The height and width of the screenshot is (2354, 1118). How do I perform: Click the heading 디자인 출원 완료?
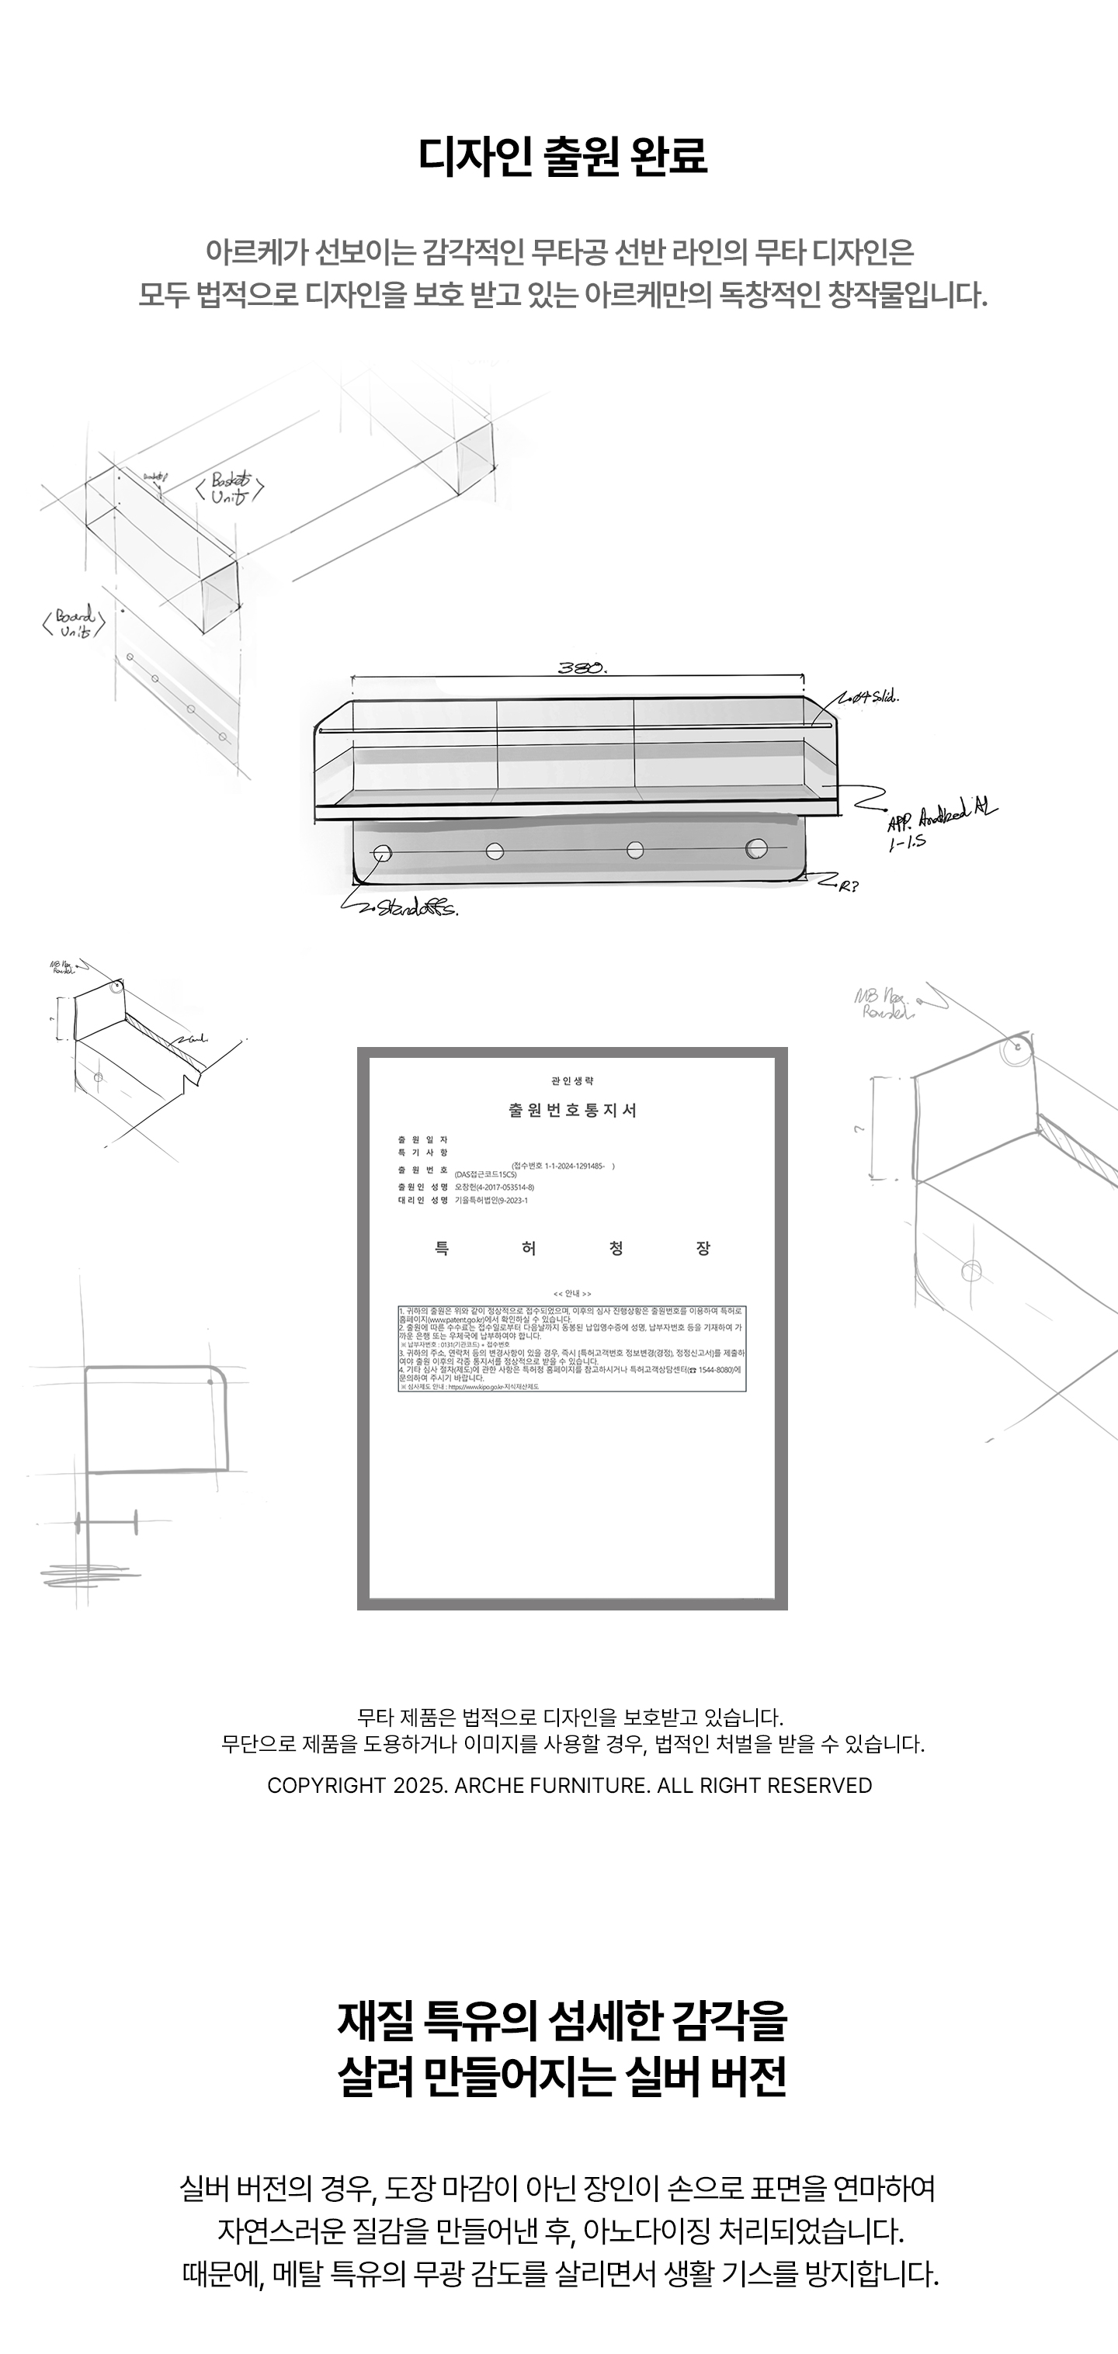pyautogui.click(x=562, y=156)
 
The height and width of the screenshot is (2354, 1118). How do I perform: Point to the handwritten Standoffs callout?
pyautogui.click(x=417, y=908)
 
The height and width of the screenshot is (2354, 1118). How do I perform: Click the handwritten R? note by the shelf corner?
pyautogui.click(x=849, y=885)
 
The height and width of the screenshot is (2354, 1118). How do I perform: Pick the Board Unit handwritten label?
pyautogui.click(x=74, y=622)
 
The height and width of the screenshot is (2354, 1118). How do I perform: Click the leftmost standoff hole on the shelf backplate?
pyautogui.click(x=383, y=854)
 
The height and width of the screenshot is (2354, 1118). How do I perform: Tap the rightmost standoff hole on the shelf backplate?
pyautogui.click(x=756, y=849)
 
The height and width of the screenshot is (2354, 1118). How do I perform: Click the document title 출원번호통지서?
pyautogui.click(x=572, y=1111)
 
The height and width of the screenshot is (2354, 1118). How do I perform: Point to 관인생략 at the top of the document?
pyautogui.click(x=572, y=1081)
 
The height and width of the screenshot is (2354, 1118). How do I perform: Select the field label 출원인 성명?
pyautogui.click(x=422, y=1187)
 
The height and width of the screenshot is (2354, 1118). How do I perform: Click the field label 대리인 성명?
pyautogui.click(x=422, y=1201)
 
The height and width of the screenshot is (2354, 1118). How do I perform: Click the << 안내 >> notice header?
pyautogui.click(x=572, y=1294)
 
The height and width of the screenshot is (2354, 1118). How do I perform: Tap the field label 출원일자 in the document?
pyautogui.click(x=422, y=1139)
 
